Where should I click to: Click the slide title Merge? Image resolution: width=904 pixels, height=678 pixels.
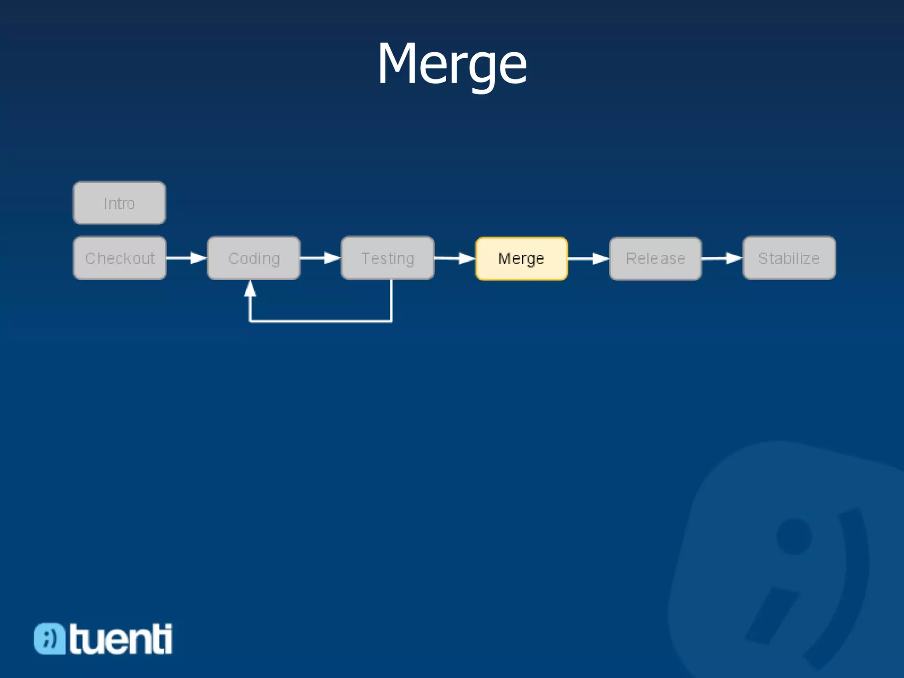pos(452,64)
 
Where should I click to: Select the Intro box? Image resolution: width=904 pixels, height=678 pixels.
pos(119,203)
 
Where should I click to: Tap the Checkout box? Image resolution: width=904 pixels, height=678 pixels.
pos(120,258)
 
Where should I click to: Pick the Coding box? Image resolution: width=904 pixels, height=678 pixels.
pos(254,258)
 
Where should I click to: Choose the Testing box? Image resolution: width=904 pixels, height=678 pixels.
pos(388,258)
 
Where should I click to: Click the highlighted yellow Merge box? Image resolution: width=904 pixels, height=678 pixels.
pos(521,259)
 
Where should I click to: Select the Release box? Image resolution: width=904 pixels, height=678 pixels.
pos(655,259)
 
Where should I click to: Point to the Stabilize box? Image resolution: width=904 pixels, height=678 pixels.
pos(789,258)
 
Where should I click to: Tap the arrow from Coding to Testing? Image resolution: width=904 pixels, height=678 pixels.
pos(320,258)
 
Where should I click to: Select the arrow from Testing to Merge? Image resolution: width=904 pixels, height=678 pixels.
pos(455,258)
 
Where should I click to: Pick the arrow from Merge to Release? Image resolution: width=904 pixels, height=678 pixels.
pos(588,259)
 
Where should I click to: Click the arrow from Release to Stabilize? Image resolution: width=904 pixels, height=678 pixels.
pos(722,258)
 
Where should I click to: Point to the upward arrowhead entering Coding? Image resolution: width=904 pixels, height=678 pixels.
pos(250,289)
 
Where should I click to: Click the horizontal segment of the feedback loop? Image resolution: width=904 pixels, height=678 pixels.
pos(320,321)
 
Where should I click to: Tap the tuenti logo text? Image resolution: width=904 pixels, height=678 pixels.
pos(121,639)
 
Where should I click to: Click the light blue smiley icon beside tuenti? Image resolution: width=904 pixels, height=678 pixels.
pos(49,638)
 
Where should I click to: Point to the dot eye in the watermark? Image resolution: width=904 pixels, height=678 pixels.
pos(794,536)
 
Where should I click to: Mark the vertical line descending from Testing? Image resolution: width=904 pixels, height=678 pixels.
pos(391,300)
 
